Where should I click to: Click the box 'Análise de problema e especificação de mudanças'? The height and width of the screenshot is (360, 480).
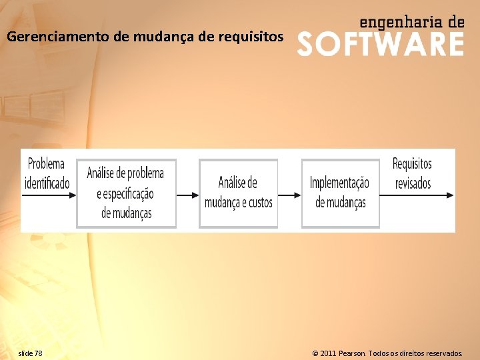click(x=126, y=193)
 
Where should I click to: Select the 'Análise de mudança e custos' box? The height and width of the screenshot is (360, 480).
click(x=238, y=193)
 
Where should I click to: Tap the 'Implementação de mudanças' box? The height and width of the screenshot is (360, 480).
click(x=340, y=193)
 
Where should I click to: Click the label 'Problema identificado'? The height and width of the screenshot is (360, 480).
click(x=47, y=173)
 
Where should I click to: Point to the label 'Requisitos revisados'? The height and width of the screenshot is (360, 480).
click(x=413, y=173)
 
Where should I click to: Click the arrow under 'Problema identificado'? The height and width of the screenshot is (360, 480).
click(x=48, y=195)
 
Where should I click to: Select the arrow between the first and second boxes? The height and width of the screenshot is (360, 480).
click(x=187, y=195)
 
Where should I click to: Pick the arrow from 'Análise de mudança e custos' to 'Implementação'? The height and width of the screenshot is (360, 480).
click(x=289, y=195)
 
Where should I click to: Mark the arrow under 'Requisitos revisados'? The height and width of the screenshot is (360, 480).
click(x=417, y=195)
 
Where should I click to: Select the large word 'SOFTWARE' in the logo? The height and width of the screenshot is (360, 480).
click(x=380, y=44)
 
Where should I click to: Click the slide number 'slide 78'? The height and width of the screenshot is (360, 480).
click(x=30, y=353)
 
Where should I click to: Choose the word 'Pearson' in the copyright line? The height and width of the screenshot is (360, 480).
click(x=352, y=353)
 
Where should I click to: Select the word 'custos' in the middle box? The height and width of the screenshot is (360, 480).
click(x=257, y=203)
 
